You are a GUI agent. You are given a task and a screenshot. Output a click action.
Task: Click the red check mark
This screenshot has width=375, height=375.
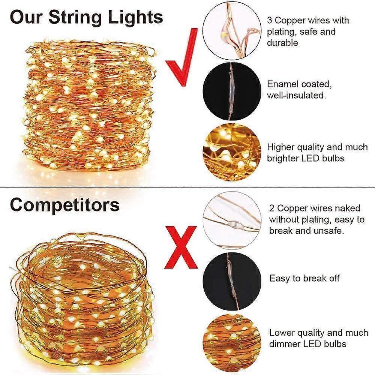(x=181, y=60)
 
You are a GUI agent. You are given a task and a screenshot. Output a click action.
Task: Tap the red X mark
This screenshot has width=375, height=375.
(x=181, y=247)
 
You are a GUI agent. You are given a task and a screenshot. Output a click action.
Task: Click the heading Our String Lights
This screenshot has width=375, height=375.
(x=86, y=17)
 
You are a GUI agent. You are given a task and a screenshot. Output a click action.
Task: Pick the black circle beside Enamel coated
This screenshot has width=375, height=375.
(x=232, y=91)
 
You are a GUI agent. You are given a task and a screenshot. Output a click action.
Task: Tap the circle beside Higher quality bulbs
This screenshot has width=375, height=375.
(x=232, y=152)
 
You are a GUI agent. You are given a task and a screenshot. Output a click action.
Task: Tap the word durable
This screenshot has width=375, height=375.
(x=282, y=43)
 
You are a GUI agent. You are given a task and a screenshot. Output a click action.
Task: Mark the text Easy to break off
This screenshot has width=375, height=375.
(x=304, y=278)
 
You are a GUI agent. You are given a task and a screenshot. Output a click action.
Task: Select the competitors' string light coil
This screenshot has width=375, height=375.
(x=84, y=300)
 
